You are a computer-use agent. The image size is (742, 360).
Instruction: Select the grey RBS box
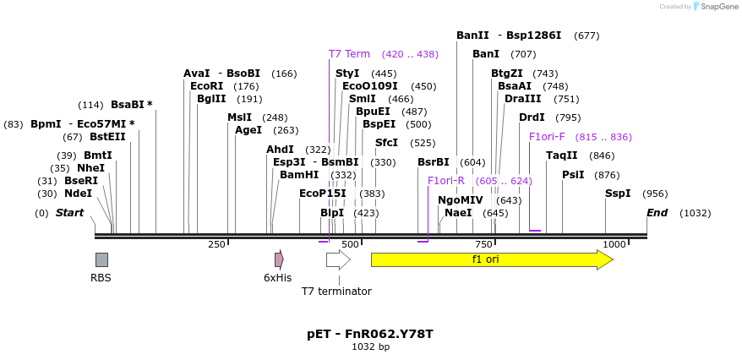(x=101, y=259)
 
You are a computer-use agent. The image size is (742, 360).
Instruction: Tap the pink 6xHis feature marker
(x=279, y=259)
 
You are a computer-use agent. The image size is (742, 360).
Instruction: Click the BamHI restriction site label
(x=299, y=175)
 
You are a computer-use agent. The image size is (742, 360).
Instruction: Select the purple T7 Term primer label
(x=349, y=54)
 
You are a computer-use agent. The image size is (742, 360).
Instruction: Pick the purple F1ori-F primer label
(x=547, y=137)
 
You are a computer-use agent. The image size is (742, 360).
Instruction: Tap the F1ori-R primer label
(x=446, y=181)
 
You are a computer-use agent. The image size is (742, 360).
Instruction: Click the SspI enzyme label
(x=618, y=194)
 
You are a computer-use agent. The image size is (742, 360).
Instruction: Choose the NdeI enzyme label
(x=78, y=194)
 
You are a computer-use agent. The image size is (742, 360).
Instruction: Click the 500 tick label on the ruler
(x=349, y=244)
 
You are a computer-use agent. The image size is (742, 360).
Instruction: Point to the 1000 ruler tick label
(x=614, y=244)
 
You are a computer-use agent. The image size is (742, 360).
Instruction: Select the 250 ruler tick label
(x=216, y=244)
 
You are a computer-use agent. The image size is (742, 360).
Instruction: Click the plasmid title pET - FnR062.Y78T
(x=370, y=334)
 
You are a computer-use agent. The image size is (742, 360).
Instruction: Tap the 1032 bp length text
(x=370, y=346)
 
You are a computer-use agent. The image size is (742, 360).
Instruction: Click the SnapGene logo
(x=714, y=7)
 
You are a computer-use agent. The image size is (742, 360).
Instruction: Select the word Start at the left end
(x=69, y=213)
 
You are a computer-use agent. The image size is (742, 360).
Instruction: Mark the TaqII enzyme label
(x=562, y=155)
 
